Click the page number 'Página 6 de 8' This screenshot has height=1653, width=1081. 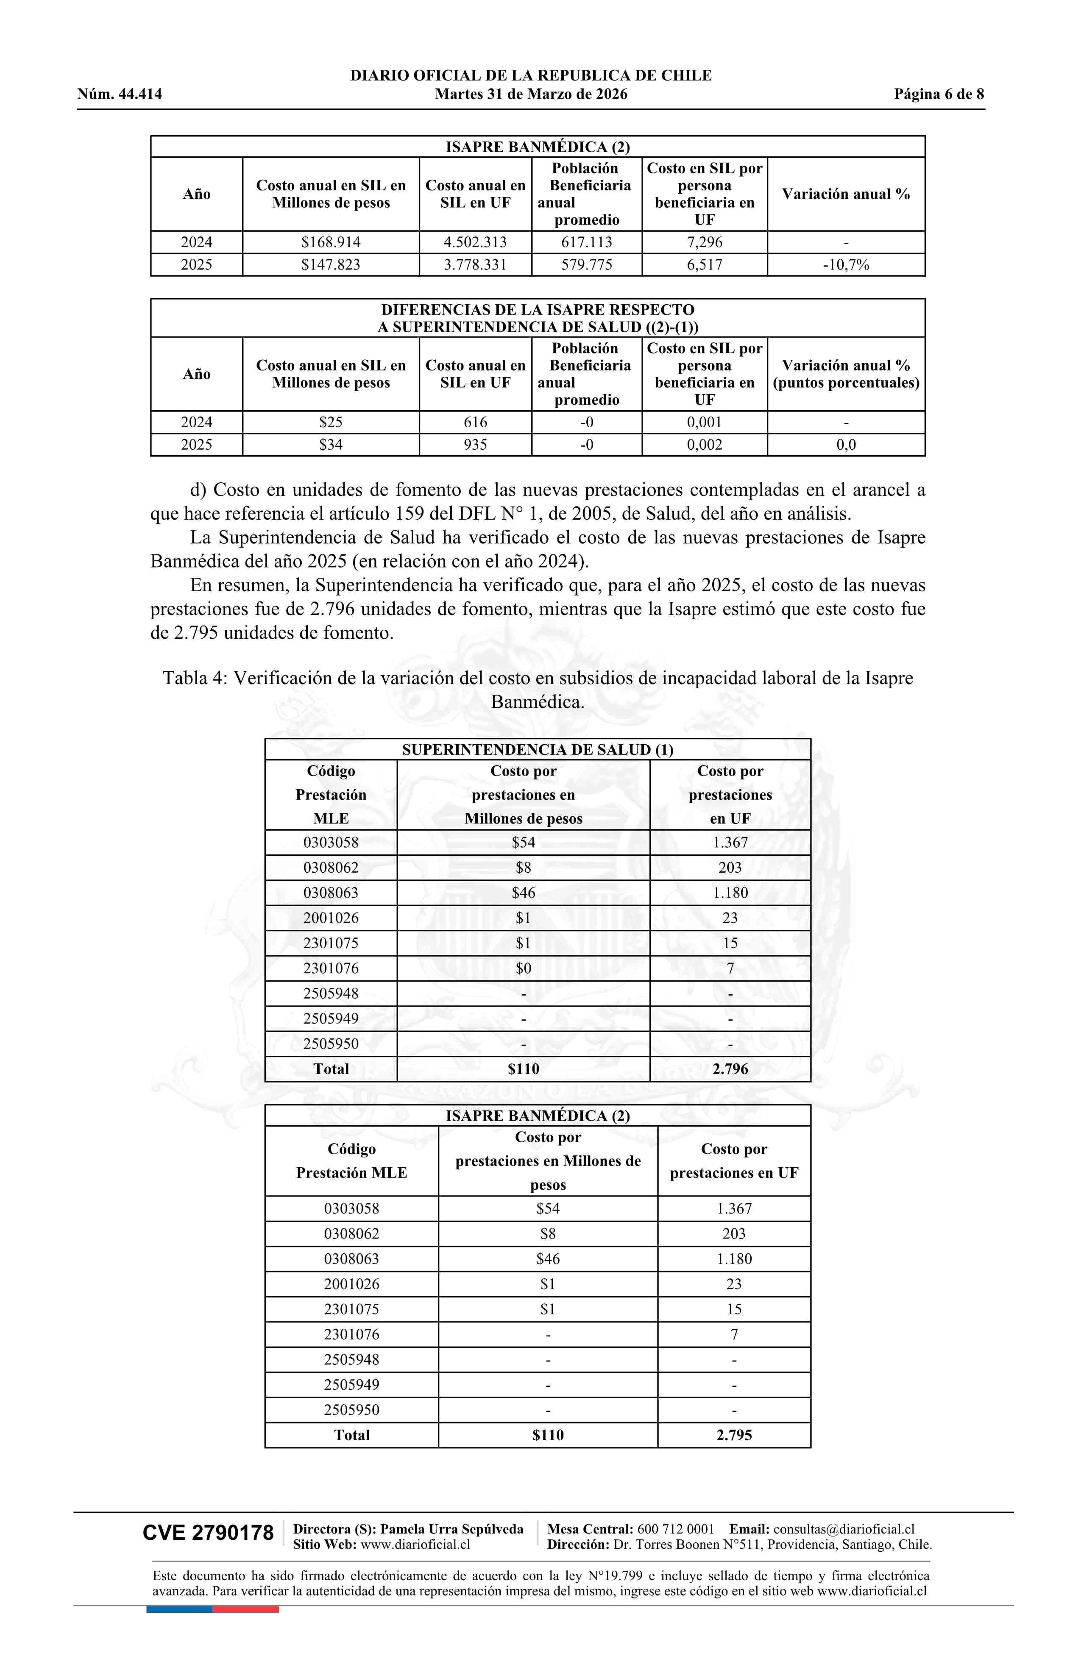point(939,95)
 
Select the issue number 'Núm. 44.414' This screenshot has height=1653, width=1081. point(120,95)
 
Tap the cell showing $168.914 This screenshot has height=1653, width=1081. point(331,242)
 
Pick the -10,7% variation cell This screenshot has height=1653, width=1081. point(845,264)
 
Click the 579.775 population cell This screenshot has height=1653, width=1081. point(586,264)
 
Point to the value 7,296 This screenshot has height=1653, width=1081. point(705,242)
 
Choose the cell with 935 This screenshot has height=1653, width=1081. point(475,445)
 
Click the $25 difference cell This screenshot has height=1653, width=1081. point(331,422)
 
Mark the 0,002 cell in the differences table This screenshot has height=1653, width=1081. point(705,445)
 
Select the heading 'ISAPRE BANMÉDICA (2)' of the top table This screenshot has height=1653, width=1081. point(537,147)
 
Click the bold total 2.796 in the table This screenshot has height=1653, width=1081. point(730,1069)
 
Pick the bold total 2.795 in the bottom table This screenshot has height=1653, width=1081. point(734,1435)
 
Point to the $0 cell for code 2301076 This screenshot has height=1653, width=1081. point(523,968)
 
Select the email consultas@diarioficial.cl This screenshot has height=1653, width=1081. point(844,1529)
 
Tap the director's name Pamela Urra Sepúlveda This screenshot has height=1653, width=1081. point(451,1529)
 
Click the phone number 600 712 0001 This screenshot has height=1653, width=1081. point(675,1529)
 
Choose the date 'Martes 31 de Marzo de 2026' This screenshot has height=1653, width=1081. point(531,95)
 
